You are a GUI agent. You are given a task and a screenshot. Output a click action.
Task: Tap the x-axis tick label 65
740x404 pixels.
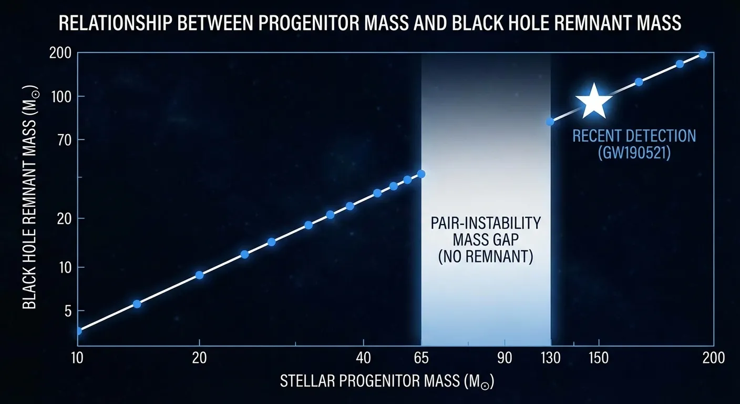click(x=422, y=358)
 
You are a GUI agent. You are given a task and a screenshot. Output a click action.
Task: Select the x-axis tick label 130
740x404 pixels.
click(x=550, y=358)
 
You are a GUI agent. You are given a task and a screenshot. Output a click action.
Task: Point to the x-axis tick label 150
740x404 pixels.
click(x=599, y=358)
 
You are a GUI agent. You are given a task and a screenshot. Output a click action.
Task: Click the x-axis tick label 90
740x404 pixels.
click(x=505, y=358)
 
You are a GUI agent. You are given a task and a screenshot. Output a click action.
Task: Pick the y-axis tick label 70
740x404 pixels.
click(x=61, y=139)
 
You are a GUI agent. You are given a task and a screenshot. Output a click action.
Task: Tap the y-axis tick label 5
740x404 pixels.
click(x=67, y=311)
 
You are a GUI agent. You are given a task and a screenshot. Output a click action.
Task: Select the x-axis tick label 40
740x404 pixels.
click(x=363, y=358)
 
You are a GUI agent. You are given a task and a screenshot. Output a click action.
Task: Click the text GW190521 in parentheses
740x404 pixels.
click(x=634, y=154)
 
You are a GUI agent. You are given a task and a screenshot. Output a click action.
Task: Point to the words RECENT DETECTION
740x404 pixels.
click(x=634, y=136)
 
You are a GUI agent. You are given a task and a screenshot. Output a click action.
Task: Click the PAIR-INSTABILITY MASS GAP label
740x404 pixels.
click(x=486, y=231)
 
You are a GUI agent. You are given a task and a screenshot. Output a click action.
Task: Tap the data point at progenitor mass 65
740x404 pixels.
click(x=421, y=174)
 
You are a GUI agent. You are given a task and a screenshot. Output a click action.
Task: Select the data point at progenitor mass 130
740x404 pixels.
click(x=550, y=122)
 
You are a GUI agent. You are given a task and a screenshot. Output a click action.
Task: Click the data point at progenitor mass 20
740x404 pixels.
click(x=199, y=275)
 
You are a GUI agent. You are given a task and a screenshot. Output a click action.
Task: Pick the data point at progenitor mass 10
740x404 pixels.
click(x=78, y=330)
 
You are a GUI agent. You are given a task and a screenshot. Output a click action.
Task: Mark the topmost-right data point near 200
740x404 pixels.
click(x=702, y=55)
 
